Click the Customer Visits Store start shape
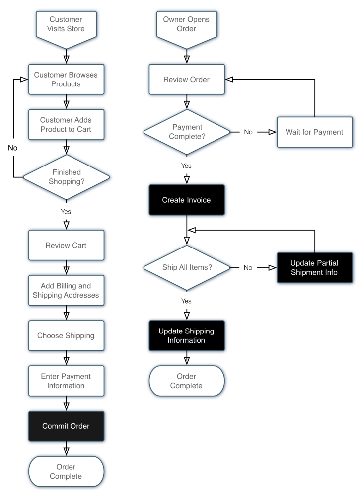66,24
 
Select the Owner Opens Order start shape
186,24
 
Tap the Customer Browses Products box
66,80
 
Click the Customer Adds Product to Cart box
66,125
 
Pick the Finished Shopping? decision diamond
66,177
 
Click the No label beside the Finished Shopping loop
13,148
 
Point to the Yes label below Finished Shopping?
66,211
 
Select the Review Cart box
66,245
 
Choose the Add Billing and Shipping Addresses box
66,291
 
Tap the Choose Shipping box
66,335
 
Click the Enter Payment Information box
66,381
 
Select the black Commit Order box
66,426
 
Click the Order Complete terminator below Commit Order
66,471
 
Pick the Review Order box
186,80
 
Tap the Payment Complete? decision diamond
187,132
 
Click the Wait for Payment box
314,132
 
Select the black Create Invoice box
186,200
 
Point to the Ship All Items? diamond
187,267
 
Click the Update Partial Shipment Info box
314,267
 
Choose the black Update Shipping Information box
186,335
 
